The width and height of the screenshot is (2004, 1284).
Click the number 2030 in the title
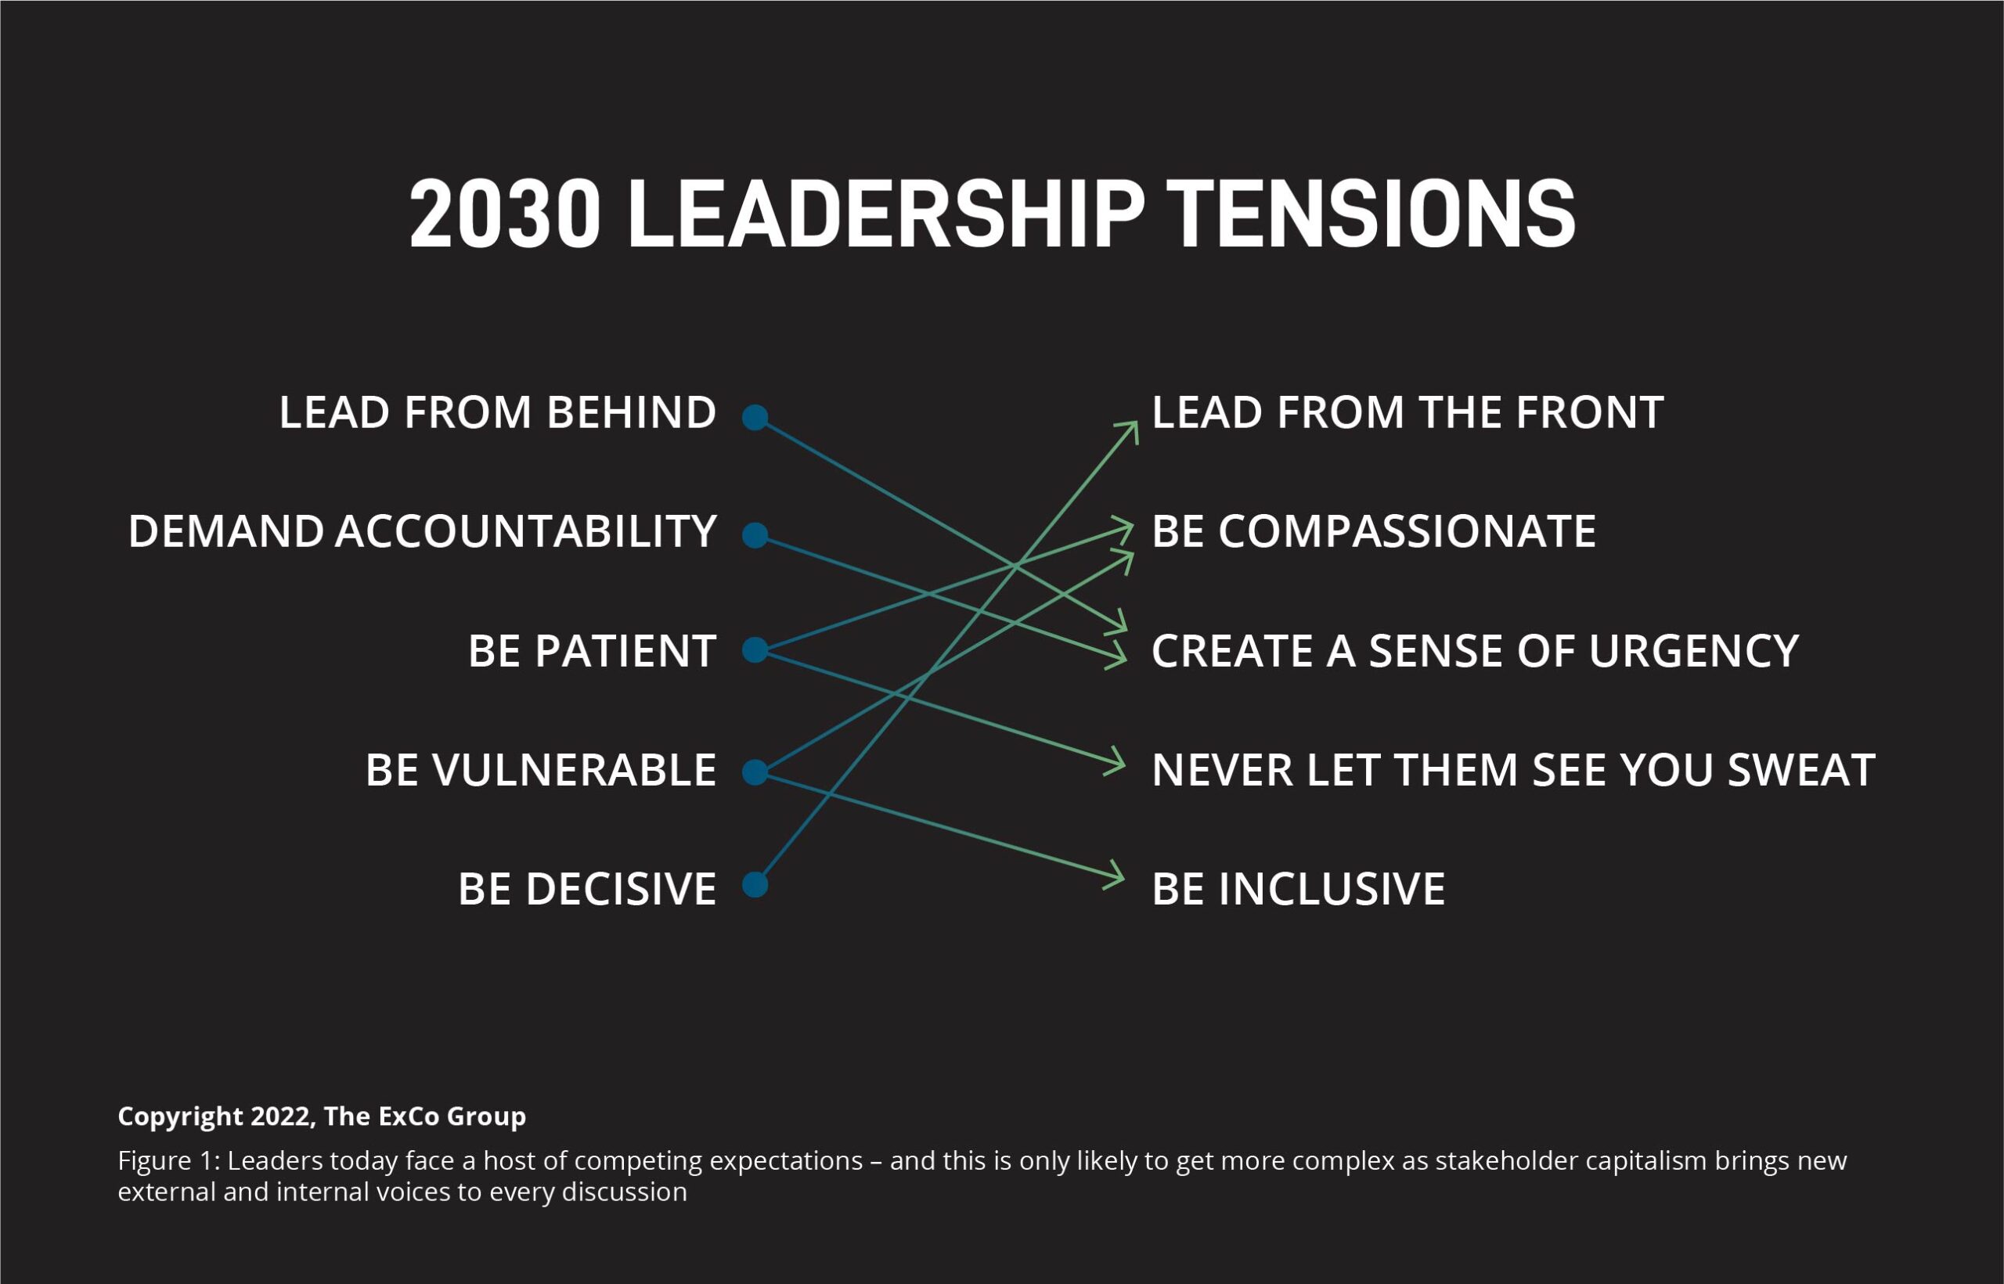point(505,214)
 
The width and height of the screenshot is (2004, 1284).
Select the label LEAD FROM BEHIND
point(498,412)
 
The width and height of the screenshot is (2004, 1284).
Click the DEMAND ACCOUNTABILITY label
point(422,532)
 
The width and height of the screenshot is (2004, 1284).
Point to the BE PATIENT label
point(592,651)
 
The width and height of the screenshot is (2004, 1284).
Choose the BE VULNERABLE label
point(541,770)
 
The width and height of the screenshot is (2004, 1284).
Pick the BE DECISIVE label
point(587,889)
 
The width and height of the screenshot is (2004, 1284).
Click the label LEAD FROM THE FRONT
point(1407,412)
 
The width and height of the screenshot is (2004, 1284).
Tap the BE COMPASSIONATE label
point(1375,532)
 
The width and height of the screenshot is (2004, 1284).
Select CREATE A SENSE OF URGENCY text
point(1476,651)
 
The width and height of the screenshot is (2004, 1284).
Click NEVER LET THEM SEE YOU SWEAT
point(1514,770)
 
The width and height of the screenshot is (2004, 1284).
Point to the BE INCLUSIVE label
point(1299,889)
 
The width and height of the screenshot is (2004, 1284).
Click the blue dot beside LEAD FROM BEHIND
point(755,417)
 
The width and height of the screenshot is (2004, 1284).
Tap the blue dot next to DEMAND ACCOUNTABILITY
point(755,534)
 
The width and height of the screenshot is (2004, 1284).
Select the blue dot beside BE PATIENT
point(755,649)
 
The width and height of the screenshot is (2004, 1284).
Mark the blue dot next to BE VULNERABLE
point(755,771)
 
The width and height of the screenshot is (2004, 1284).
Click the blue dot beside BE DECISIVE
point(755,885)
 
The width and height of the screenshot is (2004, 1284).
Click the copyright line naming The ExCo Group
point(322,1117)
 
